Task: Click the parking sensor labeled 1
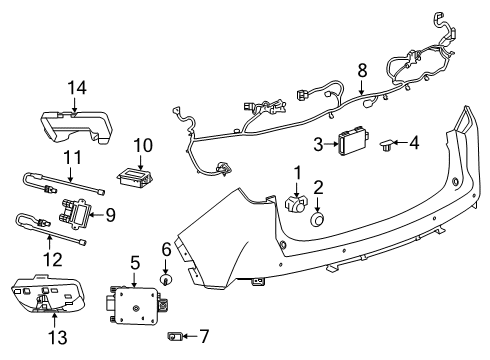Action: pos(297,204)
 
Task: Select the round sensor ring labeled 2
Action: pos(319,219)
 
